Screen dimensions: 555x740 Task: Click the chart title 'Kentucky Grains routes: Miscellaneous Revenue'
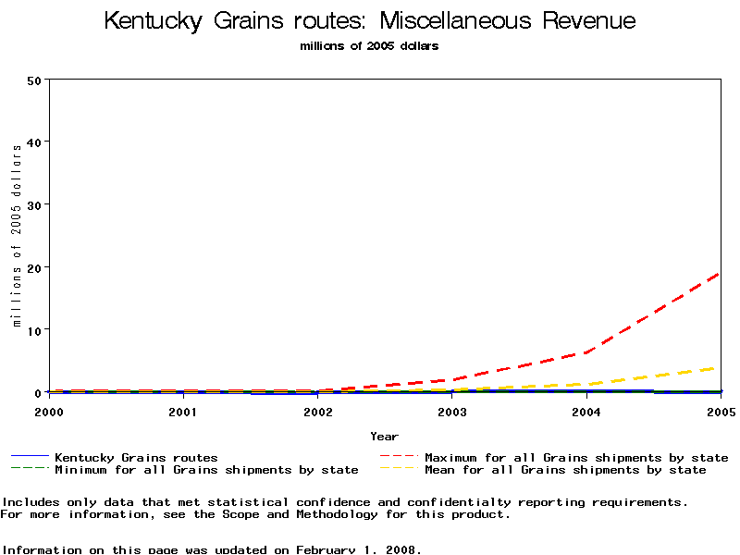(x=370, y=20)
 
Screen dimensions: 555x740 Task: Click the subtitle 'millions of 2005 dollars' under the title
(x=370, y=45)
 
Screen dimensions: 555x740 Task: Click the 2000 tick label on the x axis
(x=50, y=411)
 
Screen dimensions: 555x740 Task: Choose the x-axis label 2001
(x=183, y=411)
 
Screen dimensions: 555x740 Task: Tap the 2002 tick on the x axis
(x=317, y=411)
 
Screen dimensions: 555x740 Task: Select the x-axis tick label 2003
(x=452, y=411)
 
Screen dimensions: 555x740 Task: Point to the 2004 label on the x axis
(x=586, y=411)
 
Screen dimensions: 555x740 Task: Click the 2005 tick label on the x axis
(x=719, y=411)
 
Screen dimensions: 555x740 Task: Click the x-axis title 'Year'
(x=385, y=436)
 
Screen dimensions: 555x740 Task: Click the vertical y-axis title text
(x=17, y=236)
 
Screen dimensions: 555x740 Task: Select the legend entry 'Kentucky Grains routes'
(x=136, y=457)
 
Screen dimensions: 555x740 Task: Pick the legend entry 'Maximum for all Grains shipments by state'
(x=576, y=457)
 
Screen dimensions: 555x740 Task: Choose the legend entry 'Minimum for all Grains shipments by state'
(x=206, y=470)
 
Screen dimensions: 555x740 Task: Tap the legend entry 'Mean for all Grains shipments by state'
(x=565, y=470)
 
